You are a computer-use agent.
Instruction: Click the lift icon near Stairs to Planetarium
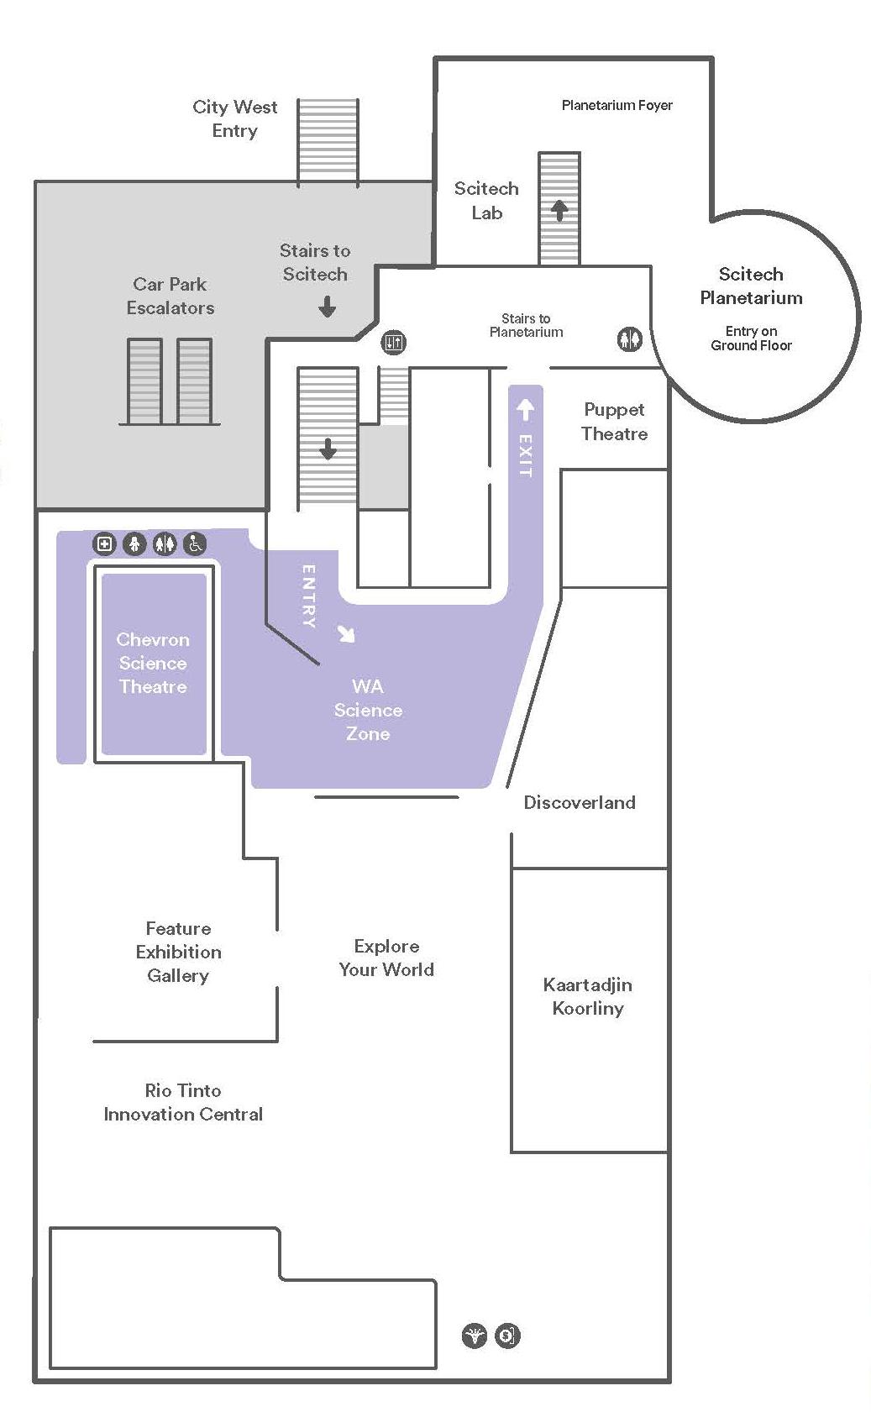[394, 342]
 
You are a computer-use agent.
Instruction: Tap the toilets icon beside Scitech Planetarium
[629, 339]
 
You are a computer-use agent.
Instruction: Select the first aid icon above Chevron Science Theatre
[105, 543]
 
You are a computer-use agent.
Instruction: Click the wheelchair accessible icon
[195, 543]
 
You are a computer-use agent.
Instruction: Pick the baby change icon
[135, 543]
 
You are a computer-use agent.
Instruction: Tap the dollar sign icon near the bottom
[507, 1335]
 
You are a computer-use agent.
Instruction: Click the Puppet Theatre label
[615, 422]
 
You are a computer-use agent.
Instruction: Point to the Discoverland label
[580, 802]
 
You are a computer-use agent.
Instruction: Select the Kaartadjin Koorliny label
[588, 996]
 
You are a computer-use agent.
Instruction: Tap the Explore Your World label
[386, 958]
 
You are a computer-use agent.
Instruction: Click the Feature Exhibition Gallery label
[178, 952]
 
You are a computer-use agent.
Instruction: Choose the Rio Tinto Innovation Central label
[183, 1103]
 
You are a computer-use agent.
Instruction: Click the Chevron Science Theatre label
[153, 663]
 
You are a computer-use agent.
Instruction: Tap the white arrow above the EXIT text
[525, 410]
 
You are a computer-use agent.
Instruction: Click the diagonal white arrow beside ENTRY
[346, 633]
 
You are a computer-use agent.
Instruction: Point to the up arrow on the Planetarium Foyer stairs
[559, 211]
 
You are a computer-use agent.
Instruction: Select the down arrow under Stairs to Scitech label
[327, 307]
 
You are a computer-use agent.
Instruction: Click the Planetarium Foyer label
[617, 105]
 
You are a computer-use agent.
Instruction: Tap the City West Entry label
[235, 118]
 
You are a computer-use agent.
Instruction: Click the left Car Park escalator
[145, 381]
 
